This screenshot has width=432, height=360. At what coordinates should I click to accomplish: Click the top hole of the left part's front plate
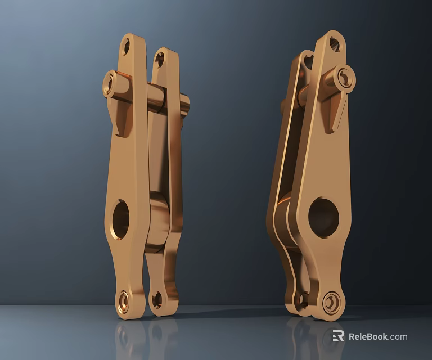[x=127, y=47]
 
